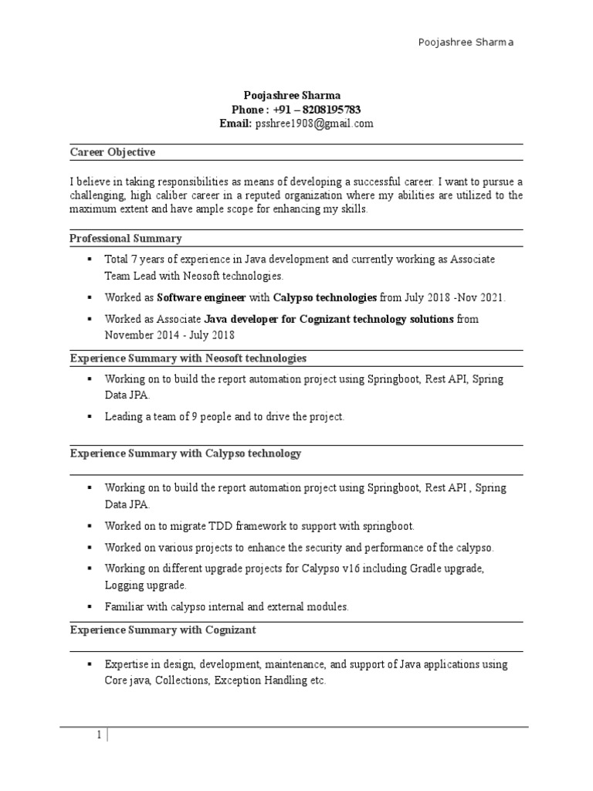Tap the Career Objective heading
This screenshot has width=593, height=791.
pos(112,152)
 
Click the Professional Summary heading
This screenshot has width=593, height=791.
pos(126,238)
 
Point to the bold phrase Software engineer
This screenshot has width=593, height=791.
pos(202,297)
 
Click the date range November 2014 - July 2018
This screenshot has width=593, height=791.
pos(170,335)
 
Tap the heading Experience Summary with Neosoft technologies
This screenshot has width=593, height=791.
pos(188,358)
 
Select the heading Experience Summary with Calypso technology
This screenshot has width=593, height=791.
pos(185,453)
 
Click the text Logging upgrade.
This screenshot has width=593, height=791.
pos(146,586)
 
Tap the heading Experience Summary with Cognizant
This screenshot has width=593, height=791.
pos(163,630)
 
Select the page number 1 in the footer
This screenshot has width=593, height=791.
pos(99,735)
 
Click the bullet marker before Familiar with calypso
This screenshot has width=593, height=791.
pos(90,606)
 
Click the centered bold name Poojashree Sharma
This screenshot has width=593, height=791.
pos(296,95)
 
